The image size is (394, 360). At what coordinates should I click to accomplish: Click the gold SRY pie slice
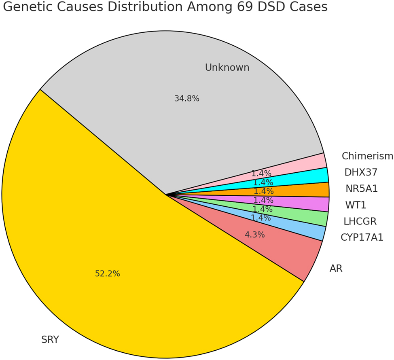(101, 243)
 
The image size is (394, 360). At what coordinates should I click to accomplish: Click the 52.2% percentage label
(107, 274)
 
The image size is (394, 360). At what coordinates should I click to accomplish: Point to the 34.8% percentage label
(186, 98)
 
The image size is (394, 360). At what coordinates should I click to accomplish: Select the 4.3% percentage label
(254, 235)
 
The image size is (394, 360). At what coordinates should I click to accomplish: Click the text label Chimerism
(367, 156)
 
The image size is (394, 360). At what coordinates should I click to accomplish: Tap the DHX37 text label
(361, 172)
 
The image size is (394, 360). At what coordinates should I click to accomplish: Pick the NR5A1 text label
(361, 188)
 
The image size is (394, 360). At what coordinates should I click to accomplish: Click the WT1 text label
(355, 205)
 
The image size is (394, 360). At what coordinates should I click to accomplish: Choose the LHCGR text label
(360, 221)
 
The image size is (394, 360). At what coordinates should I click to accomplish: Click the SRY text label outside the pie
(50, 340)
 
